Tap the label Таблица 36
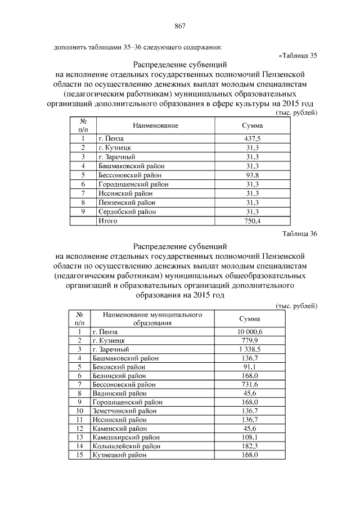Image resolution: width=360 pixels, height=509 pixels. coord(302,234)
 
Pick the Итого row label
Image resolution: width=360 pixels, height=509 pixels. coord(108,221)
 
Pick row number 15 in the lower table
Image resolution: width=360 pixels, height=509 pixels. coord(80,454)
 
